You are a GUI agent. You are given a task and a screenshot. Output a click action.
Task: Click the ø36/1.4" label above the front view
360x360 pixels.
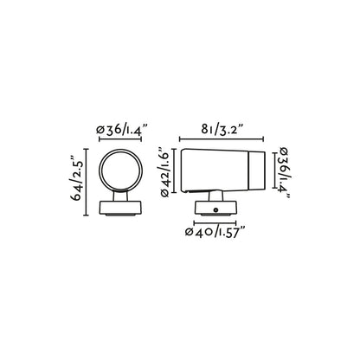122,129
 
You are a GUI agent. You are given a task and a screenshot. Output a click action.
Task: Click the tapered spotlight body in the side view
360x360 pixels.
212,172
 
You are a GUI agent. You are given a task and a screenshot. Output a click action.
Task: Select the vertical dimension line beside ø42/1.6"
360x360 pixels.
176,172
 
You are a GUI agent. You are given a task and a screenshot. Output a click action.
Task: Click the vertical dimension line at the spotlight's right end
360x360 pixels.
273,171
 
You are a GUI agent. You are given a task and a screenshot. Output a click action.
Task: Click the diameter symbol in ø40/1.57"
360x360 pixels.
191,232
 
